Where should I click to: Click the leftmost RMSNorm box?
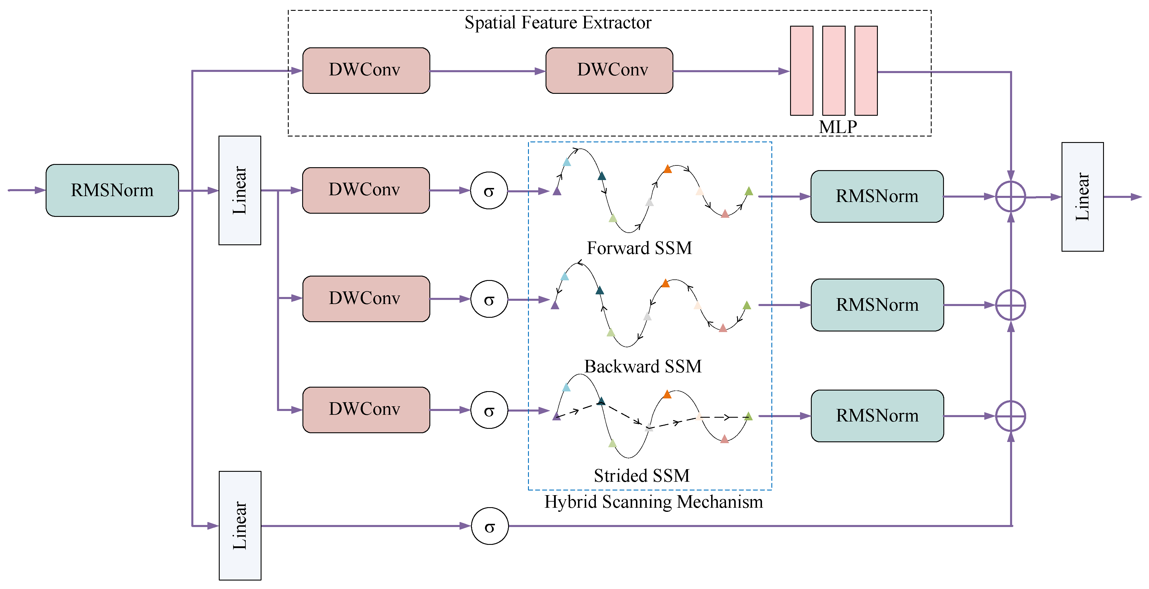click(x=112, y=190)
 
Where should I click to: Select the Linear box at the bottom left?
click(x=240, y=525)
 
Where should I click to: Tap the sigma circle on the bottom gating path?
click(x=489, y=526)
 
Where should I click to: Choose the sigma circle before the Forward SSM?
click(x=489, y=191)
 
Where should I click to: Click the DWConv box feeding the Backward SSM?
click(x=366, y=298)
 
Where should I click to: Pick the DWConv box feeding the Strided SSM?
click(x=366, y=409)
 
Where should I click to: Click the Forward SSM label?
click(x=639, y=248)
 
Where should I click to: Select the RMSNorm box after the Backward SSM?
click(x=877, y=305)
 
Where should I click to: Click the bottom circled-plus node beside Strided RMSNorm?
click(x=1010, y=416)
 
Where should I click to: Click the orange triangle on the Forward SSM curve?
click(x=667, y=169)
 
